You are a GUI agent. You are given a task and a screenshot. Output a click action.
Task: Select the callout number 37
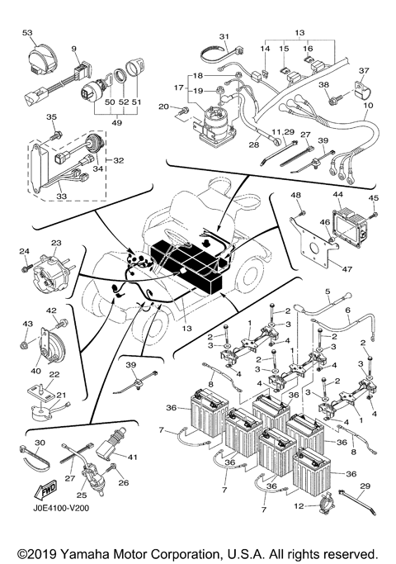pos(364,71)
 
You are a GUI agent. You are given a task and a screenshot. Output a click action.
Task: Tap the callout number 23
pos(56,243)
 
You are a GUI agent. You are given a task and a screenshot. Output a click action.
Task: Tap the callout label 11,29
pos(283,131)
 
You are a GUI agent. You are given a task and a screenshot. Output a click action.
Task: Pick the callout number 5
pos(327,291)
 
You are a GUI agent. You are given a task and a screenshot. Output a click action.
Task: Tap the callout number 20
pos(163,107)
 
